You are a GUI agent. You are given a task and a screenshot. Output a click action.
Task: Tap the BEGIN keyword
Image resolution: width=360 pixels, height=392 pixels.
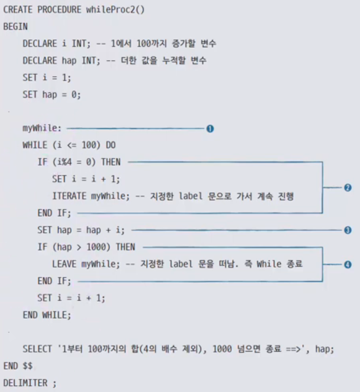point(15,27)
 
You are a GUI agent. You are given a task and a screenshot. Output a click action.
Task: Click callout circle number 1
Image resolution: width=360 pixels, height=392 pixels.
point(210,129)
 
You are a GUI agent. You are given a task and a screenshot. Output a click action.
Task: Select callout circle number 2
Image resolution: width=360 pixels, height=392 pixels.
point(348,188)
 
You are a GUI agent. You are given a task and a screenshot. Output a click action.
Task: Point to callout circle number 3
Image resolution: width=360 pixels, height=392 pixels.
point(348,230)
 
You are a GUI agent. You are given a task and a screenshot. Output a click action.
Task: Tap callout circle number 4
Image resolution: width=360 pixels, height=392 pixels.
point(348,264)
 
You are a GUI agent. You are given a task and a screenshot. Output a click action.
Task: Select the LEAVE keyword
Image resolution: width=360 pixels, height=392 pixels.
point(64,264)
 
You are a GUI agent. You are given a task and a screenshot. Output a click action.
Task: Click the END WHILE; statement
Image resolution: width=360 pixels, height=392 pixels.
point(46,315)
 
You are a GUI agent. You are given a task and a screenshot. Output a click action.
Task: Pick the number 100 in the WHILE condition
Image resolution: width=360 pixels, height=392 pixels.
point(89,145)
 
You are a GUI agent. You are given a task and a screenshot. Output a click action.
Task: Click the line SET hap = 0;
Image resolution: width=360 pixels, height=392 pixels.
point(52,95)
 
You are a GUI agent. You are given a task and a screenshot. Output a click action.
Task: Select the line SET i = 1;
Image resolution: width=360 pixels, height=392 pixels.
point(46,78)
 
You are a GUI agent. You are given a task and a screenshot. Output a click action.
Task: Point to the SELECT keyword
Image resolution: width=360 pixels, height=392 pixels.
point(37,349)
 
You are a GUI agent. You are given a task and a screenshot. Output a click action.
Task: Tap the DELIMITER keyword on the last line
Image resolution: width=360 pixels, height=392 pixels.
point(25,382)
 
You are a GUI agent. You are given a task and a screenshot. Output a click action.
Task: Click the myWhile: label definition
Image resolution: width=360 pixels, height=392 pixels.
point(42,129)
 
